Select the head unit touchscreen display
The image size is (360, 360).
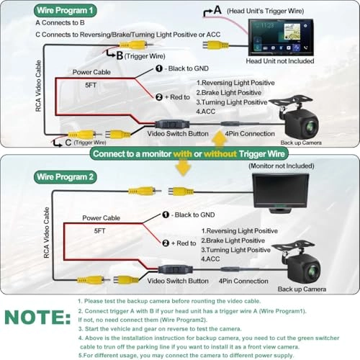coord(284,36)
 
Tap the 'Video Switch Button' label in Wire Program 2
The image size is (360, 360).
coord(177,280)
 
